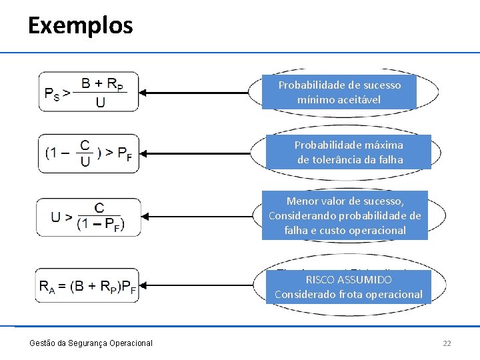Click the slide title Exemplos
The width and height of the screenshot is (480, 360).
81,26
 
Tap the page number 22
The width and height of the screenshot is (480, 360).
447,343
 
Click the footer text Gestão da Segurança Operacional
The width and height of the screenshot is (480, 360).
91,343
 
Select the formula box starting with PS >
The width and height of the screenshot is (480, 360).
89,92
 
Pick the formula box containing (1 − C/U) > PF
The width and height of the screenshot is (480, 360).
89,153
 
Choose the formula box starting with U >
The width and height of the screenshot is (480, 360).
89,217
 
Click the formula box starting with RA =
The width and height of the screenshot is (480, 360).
89,286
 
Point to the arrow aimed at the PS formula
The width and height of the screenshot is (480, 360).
197,93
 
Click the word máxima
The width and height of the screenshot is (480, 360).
383,145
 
